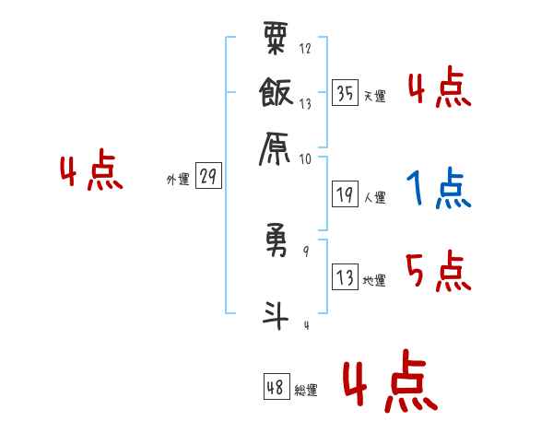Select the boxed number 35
tap(346, 93)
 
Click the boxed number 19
tap(346, 194)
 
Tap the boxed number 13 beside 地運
tap(346, 277)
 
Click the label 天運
tap(374, 96)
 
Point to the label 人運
tap(374, 197)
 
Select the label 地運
tap(374, 280)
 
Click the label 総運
tap(305, 390)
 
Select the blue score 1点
tap(438, 190)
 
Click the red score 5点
tap(438, 271)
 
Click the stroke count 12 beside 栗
tap(305, 49)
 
